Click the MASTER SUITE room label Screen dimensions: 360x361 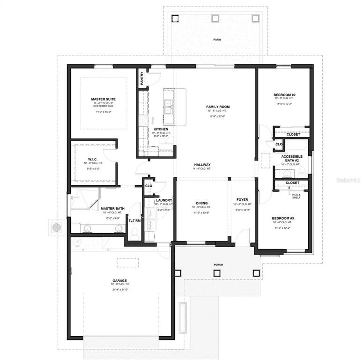[103, 99]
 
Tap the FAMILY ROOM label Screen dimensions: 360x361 [218, 107]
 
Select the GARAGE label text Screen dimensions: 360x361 [120, 281]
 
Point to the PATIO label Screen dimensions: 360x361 [217, 40]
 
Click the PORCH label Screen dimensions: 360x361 [219, 265]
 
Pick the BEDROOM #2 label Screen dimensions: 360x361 [284, 95]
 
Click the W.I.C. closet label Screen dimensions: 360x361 [93, 160]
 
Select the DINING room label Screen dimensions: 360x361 [202, 203]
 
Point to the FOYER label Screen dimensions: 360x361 [242, 200]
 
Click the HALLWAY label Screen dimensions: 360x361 [202, 165]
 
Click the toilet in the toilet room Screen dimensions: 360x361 [135, 233]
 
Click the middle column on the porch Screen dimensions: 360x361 [217, 273]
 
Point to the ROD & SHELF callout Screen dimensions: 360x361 [296, 196]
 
